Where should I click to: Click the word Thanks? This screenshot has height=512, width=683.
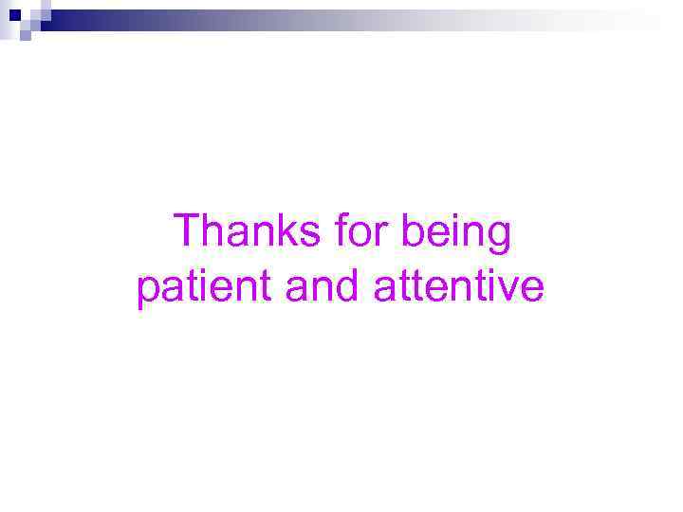[x=249, y=232]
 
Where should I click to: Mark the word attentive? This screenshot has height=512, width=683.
[x=459, y=287]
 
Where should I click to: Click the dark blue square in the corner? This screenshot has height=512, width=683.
[x=15, y=14]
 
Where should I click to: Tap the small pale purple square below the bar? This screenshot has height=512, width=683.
[x=26, y=36]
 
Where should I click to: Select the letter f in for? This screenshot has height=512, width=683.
[x=341, y=231]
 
